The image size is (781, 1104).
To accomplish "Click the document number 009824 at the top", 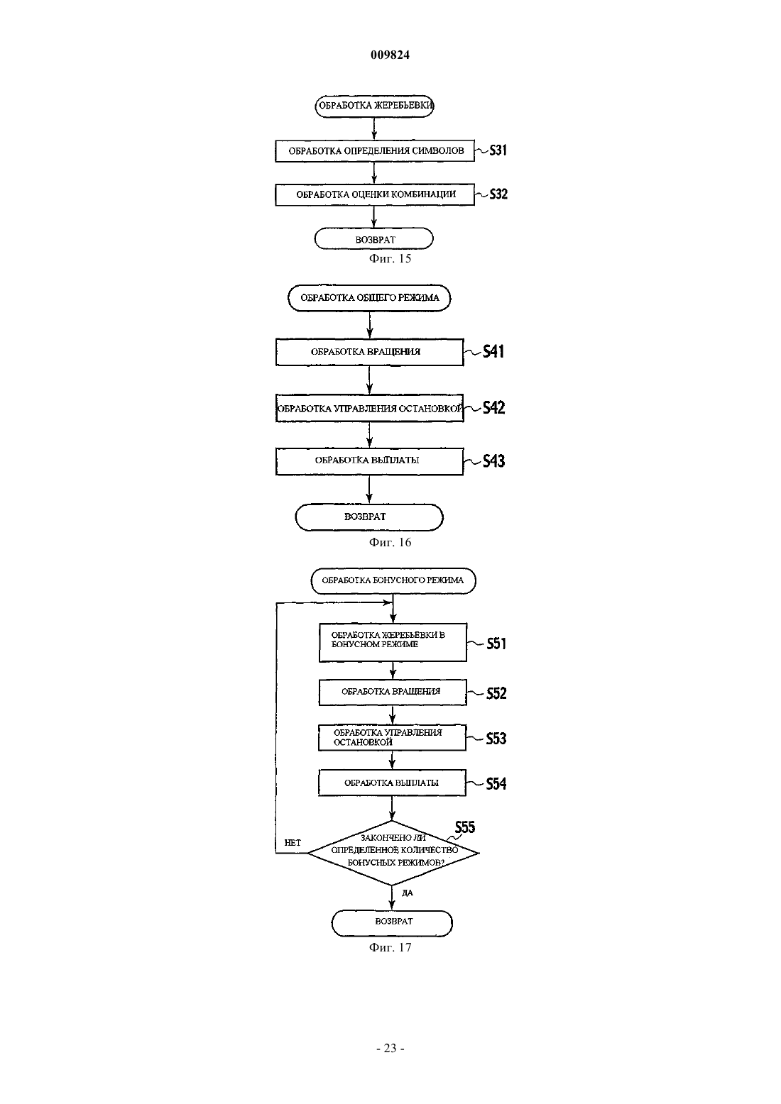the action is pos(390,55).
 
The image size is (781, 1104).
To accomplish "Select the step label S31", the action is pos(498,150).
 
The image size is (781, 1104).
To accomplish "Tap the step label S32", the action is pos(498,194).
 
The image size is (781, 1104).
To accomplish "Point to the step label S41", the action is pos(493,351).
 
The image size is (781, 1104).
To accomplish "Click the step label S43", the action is pos(494,460).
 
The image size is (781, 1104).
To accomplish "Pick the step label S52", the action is pos(496,693).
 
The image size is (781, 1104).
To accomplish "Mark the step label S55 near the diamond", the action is pos(465,827).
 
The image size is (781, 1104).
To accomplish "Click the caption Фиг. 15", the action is pos(390,259).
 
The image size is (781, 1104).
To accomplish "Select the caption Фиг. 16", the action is pos(390,542).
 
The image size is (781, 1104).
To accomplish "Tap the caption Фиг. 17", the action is pos(390,947).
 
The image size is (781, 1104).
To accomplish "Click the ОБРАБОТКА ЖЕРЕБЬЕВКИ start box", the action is pos(374,106).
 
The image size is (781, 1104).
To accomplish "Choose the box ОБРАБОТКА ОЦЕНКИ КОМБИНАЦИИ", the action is pos(375,194).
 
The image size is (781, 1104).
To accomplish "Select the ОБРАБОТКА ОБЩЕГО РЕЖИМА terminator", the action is pos(369,298).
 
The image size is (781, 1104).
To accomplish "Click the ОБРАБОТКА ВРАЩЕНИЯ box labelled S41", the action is pos(369,352).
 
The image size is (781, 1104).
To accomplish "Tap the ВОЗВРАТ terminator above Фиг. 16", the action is pos(368,517).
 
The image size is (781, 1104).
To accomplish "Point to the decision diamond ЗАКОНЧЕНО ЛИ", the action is pos(393,852).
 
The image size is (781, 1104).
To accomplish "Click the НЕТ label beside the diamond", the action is pos(293,843).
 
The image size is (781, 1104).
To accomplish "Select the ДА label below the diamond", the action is pos(408,893).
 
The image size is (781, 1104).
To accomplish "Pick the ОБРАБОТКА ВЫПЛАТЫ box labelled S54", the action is pos(392,783).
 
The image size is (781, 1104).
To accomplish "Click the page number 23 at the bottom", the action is pos(390,1049).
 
